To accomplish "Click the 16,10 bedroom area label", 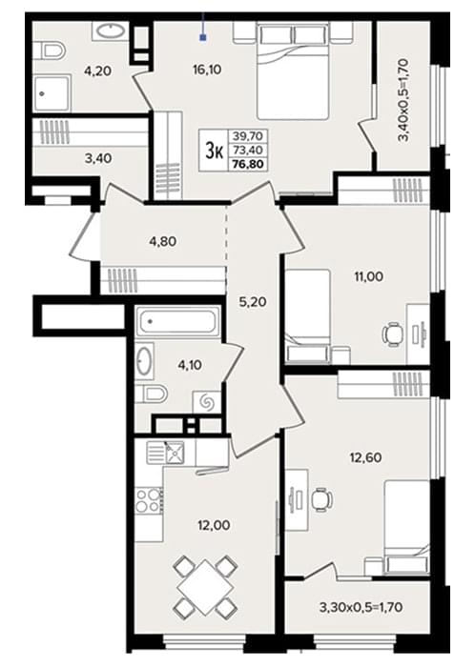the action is tap(207, 70).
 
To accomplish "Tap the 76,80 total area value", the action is tap(249, 164).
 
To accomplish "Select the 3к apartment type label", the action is tap(214, 151).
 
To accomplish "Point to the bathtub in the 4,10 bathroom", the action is tap(177, 320).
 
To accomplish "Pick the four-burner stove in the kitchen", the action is tap(149, 501).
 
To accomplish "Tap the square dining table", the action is tap(206, 588).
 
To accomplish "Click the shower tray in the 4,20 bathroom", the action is tap(52, 92).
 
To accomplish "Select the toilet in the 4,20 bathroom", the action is tap(49, 51).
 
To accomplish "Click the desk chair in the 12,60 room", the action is tap(321, 499).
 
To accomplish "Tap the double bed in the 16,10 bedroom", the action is tap(294, 71).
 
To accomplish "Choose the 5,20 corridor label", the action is tap(253, 302).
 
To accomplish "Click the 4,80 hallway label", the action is tap(162, 242).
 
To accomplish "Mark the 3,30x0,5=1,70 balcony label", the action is tap(361, 607).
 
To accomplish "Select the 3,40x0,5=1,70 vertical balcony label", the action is tap(403, 100).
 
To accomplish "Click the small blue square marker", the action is tap(203, 38).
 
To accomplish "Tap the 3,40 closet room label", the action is tap(98, 159).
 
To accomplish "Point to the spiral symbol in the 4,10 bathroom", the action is tap(207, 402).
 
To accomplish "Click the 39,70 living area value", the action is tap(248, 136).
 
